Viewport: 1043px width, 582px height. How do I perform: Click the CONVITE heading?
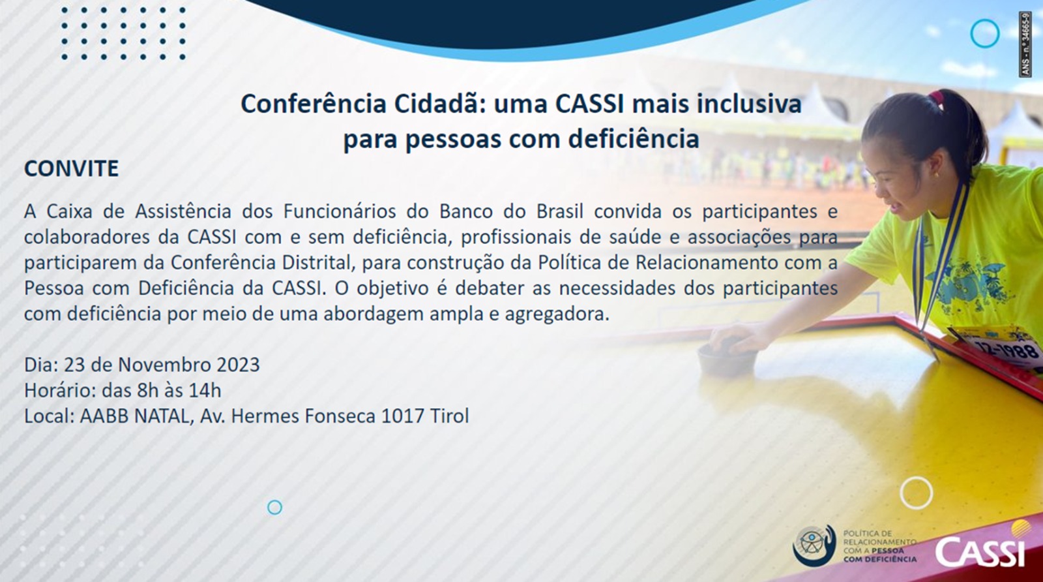point(71,169)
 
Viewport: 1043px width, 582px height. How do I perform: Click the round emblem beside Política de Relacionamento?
point(814,546)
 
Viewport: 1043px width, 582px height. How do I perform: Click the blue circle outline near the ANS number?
point(985,33)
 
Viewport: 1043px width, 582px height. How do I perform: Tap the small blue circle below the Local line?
point(274,508)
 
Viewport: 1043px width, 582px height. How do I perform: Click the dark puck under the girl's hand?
point(726,356)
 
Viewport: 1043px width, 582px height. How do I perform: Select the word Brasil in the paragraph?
point(560,211)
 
